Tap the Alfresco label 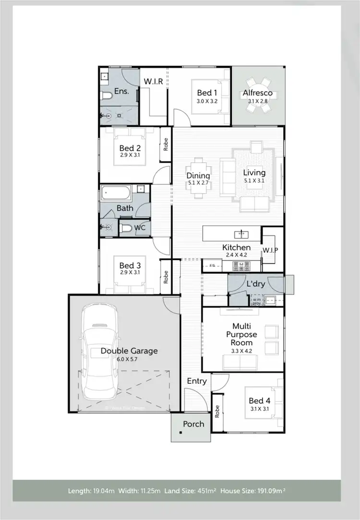[257, 93]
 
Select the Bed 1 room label [207, 93]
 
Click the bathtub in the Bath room [116, 194]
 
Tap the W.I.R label [154, 82]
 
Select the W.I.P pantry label [270, 250]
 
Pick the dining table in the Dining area [198, 177]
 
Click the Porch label [193, 424]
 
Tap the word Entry [197, 381]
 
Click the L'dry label [256, 284]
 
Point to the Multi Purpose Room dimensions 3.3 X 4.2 [242, 351]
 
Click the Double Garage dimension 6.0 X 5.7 [129, 359]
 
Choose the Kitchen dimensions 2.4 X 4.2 [236, 255]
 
